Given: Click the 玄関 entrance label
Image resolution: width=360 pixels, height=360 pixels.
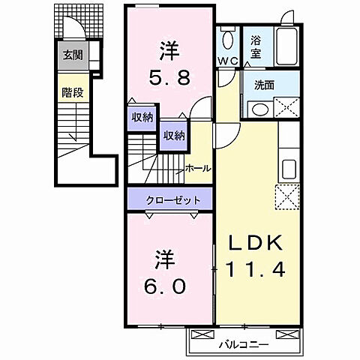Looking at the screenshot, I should pos(72,54).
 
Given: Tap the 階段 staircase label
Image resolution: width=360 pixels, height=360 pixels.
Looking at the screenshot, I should pos(72,95).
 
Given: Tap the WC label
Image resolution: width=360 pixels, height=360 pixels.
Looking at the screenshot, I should pos(228,60).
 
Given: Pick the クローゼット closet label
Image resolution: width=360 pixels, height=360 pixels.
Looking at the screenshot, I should pos(173,200).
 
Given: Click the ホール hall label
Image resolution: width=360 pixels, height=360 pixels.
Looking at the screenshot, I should pos(197,168).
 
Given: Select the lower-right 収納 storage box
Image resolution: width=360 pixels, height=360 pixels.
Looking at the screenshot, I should pos(174,135).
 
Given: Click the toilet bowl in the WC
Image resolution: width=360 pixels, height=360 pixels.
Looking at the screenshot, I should pos(228,40).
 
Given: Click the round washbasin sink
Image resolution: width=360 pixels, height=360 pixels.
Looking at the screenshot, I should pos(259,109).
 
